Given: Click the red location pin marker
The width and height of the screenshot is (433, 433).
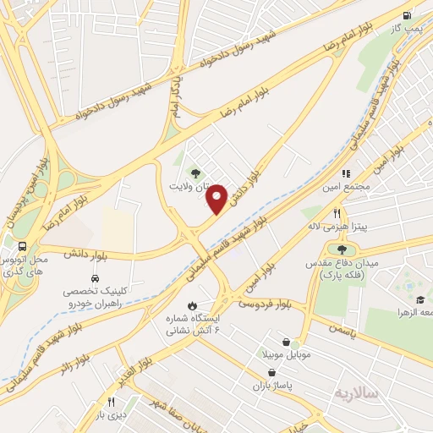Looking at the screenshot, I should click(x=217, y=199).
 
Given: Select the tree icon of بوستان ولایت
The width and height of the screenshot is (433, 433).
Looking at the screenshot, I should click(x=196, y=173).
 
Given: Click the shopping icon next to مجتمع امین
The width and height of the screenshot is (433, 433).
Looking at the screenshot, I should click(x=347, y=173).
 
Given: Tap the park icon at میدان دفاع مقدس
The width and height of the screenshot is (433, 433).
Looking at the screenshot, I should click(x=342, y=249).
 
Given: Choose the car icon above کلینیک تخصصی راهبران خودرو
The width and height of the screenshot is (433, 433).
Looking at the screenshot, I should click(x=95, y=277).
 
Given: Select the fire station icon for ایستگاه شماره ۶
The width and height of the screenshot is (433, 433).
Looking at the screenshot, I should click(x=192, y=306).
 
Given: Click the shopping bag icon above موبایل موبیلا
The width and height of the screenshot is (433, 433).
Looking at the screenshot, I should click(x=287, y=343).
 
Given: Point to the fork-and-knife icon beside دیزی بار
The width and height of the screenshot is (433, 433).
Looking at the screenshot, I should click(x=110, y=402).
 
